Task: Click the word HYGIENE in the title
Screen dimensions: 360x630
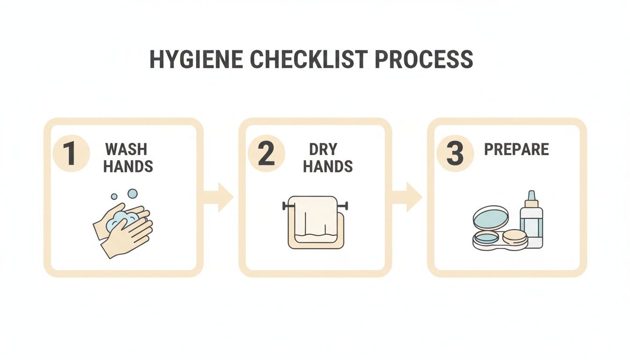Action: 196,60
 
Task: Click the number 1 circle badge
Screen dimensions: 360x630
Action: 70,153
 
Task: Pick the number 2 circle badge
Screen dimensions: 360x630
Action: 266,153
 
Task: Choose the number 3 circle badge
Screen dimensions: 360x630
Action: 455,153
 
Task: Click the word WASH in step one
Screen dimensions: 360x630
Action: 126,150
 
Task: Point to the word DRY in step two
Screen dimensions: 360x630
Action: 323,150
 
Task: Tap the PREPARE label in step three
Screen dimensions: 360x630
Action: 516,150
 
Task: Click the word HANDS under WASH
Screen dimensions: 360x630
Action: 128,166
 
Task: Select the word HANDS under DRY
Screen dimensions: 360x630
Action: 328,166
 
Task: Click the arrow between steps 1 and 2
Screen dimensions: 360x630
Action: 219,197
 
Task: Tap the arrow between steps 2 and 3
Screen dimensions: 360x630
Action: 408,197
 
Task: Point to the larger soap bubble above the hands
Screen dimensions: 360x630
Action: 133,194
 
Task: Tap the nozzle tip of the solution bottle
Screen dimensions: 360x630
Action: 532,195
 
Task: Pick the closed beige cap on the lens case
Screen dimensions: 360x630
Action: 514,237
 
